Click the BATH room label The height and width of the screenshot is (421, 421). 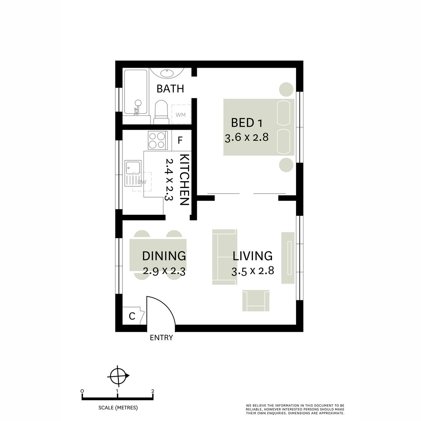[x=170, y=89]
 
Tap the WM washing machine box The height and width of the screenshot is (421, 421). [x=181, y=115]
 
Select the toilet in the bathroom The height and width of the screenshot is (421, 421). [x=161, y=112]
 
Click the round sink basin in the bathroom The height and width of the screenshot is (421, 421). [x=166, y=73]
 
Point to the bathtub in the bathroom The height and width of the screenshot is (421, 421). [x=135, y=92]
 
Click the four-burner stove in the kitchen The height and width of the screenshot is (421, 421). [x=157, y=140]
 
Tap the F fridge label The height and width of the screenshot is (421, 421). [x=180, y=141]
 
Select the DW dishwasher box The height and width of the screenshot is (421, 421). [x=142, y=182]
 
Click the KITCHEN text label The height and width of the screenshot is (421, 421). [x=185, y=180]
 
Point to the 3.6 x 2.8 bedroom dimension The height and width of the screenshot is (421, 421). [x=247, y=137]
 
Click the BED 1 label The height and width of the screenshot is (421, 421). [x=247, y=123]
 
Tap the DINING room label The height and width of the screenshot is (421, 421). [x=164, y=256]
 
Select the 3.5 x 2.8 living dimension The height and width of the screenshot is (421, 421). [x=253, y=271]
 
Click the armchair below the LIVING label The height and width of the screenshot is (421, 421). [x=256, y=301]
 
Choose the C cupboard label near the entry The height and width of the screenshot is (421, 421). [x=132, y=316]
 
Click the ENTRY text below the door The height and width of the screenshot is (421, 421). [x=161, y=338]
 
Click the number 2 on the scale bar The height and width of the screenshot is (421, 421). [x=153, y=391]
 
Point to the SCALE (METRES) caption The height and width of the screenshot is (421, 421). [x=118, y=408]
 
